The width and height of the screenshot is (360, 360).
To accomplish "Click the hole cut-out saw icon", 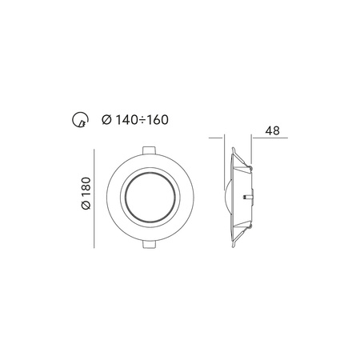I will click(78, 120).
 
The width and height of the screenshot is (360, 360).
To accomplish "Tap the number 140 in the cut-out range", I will click(126, 120).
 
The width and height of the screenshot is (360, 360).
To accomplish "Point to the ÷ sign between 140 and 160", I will click(141, 120).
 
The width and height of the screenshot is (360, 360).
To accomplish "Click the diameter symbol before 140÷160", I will click(107, 120).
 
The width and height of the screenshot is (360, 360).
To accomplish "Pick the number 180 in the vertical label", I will click(86, 190).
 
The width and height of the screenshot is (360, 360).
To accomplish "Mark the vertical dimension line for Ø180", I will click(96, 195).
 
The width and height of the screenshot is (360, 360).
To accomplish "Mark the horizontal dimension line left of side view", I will click(218, 138).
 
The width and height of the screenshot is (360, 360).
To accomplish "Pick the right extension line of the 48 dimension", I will click(253, 148).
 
